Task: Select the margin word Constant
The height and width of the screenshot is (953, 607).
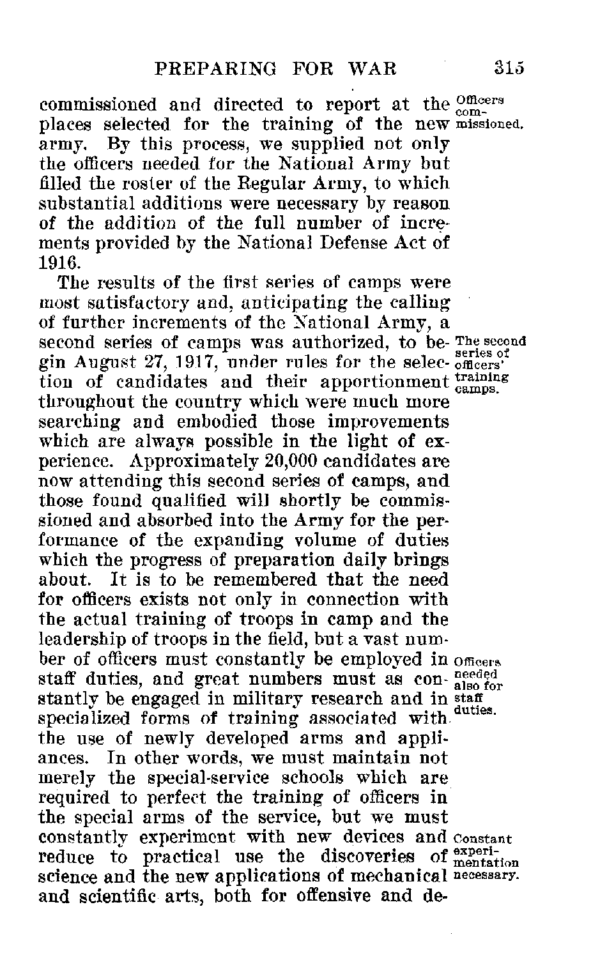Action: [x=480, y=836]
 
